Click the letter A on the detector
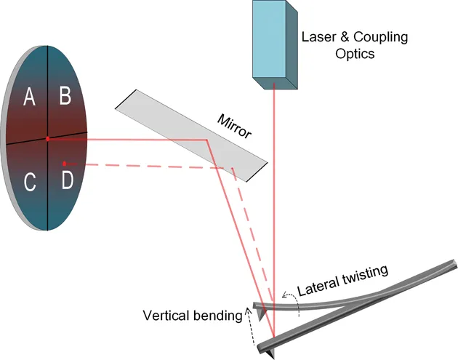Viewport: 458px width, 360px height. pos(30,96)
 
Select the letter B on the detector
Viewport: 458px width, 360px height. pos(65,95)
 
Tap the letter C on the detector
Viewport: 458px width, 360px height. pos(30,183)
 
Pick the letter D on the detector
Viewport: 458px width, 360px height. pos(67,180)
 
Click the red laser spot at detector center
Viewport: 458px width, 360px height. pos(48,138)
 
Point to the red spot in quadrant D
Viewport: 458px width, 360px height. pos(64,163)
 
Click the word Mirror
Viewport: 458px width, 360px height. pos(233,125)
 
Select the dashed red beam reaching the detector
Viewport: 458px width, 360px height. pos(145,166)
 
